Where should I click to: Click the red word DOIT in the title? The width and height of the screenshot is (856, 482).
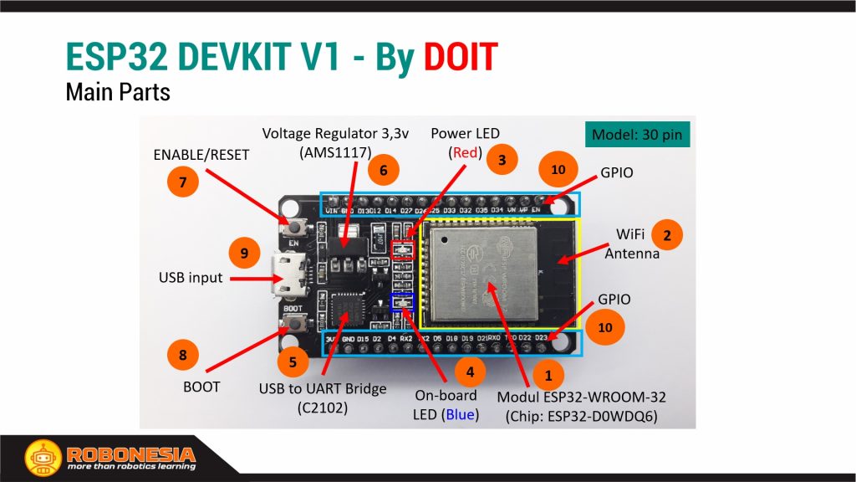[x=460, y=57]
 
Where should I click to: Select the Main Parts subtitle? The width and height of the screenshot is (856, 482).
[x=118, y=91]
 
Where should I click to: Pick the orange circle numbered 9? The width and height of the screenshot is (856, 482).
[x=244, y=253]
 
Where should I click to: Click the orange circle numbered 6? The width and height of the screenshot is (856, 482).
[x=384, y=170]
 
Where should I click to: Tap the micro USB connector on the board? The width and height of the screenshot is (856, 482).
[x=287, y=276]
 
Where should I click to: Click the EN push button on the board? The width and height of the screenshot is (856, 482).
[x=294, y=227]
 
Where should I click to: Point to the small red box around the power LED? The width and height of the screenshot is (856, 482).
[x=403, y=249]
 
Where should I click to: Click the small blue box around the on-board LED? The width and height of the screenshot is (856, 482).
[x=402, y=302]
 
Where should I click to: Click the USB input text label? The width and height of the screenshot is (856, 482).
[x=191, y=277]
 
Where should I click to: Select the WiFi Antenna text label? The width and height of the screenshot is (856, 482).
[x=632, y=244]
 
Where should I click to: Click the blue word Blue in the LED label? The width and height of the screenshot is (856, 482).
[x=461, y=414]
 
